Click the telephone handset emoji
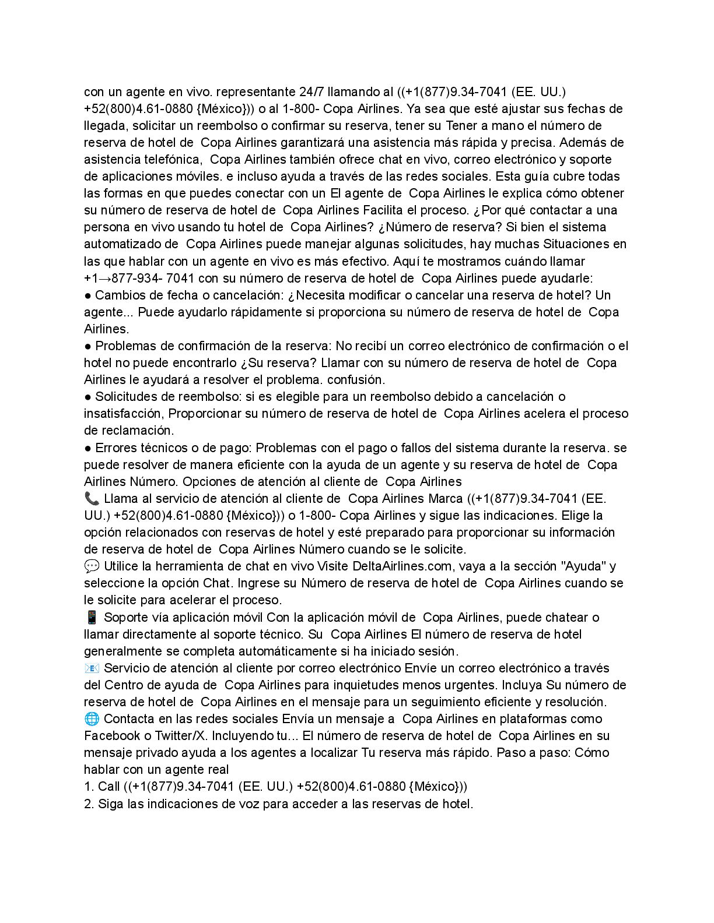[92, 498]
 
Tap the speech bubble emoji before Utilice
[92, 566]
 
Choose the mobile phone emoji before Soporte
[92, 617]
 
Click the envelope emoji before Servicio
[92, 668]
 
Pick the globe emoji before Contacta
[92, 718]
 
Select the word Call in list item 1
[109, 786]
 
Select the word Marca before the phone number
[446, 498]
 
